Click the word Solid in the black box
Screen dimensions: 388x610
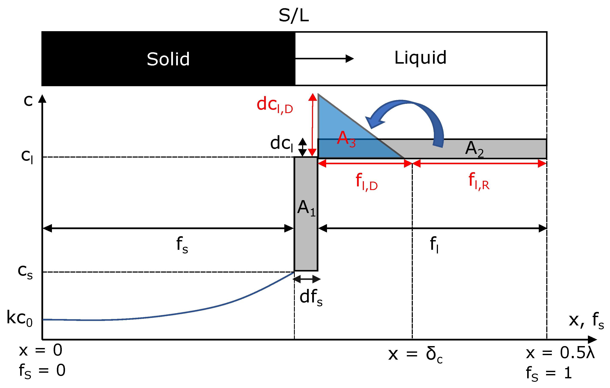click(x=168, y=59)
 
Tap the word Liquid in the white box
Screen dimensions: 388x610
click(x=420, y=58)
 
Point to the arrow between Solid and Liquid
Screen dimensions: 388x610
click(x=324, y=59)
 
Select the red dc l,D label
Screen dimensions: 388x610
click(x=275, y=105)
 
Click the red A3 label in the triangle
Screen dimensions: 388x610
click(x=346, y=139)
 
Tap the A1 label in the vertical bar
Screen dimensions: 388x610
click(x=306, y=208)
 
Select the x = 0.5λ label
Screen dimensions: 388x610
click(x=560, y=353)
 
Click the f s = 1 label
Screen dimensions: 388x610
click(x=549, y=374)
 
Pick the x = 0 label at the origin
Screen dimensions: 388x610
click(x=41, y=351)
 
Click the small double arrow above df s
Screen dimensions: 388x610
click(x=307, y=279)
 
